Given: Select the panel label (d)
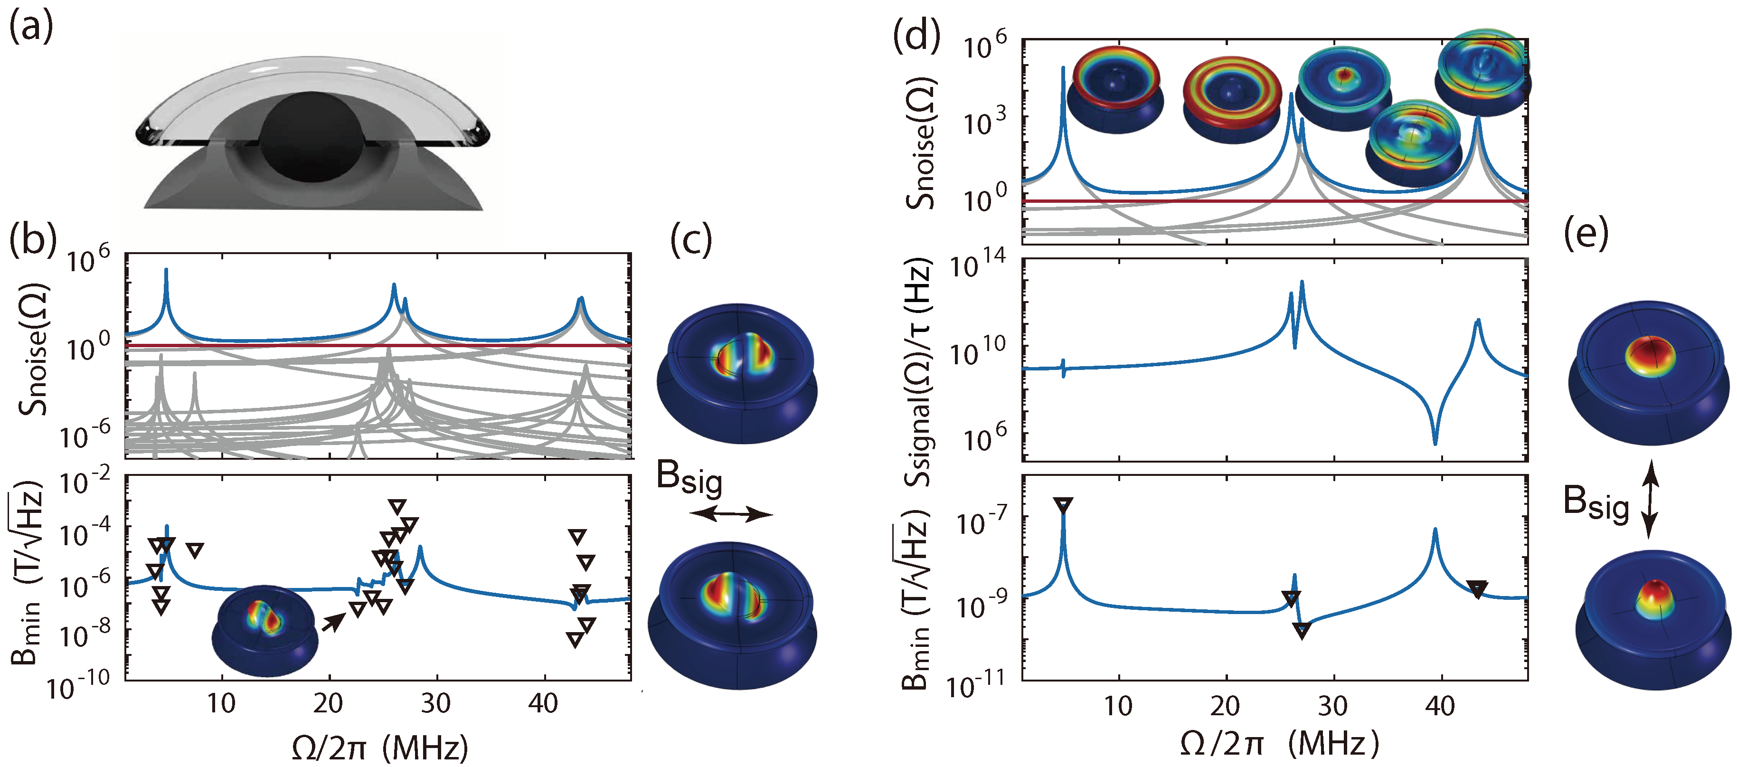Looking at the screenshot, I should click(x=916, y=35).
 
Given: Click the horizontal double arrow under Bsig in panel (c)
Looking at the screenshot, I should click(x=732, y=515).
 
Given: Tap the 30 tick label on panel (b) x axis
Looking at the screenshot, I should click(x=435, y=703).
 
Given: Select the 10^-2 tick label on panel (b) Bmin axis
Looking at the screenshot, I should click(x=85, y=484).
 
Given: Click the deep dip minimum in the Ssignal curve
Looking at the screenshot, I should click(x=1435, y=441).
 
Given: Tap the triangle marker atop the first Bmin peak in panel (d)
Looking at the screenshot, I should click(x=1063, y=504).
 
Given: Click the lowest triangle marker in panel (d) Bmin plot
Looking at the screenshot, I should click(x=1302, y=631).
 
